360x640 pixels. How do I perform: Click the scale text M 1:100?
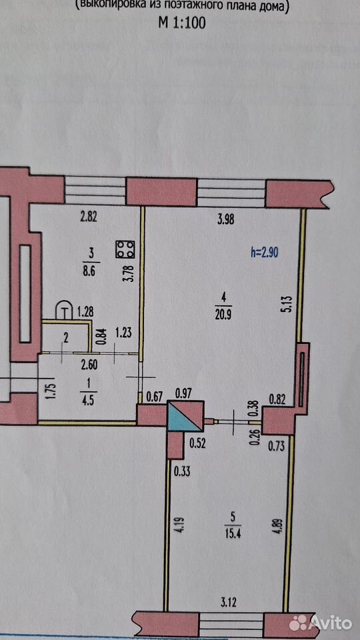[181, 23]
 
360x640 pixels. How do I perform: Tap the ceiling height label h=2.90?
[265, 253]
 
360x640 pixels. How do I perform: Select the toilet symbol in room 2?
[64, 311]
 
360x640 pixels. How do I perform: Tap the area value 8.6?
[89, 273]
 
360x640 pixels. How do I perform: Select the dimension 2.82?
[89, 217]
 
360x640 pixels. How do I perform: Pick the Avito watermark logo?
[320, 623]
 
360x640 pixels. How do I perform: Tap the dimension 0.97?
[184, 393]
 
